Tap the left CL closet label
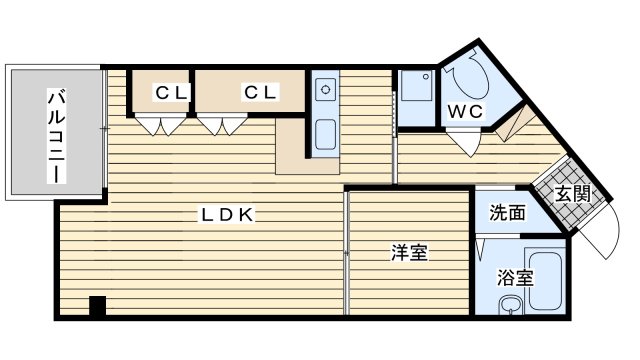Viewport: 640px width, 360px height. (x=171, y=92)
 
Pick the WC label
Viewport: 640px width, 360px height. (x=465, y=111)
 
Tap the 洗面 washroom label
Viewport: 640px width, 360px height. (x=507, y=212)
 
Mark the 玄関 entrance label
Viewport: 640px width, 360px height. (x=572, y=193)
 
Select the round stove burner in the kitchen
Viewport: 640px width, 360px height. (x=325, y=90)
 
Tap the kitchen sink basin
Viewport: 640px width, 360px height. (x=325, y=134)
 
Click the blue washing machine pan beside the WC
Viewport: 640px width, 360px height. (x=416, y=96)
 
